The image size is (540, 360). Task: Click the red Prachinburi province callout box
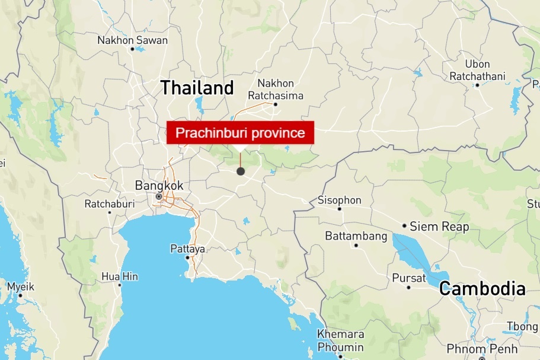240,133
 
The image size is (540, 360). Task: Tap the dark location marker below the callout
241,171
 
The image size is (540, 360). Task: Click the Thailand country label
197,88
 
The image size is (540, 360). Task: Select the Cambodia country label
482,289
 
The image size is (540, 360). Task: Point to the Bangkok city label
159,186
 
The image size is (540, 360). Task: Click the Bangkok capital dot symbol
159,197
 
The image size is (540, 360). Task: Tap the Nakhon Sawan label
133,40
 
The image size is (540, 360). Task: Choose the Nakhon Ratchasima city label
276,90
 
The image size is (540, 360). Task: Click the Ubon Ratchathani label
477,70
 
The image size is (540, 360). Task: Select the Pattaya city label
187,249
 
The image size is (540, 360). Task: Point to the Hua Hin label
120,276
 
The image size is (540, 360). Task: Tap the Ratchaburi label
110,203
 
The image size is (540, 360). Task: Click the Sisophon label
340,200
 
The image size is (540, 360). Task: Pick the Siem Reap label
439,227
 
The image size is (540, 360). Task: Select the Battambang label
356,236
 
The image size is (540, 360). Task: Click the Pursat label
409,278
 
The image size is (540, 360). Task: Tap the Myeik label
20,287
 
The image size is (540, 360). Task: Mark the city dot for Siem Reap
404,226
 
